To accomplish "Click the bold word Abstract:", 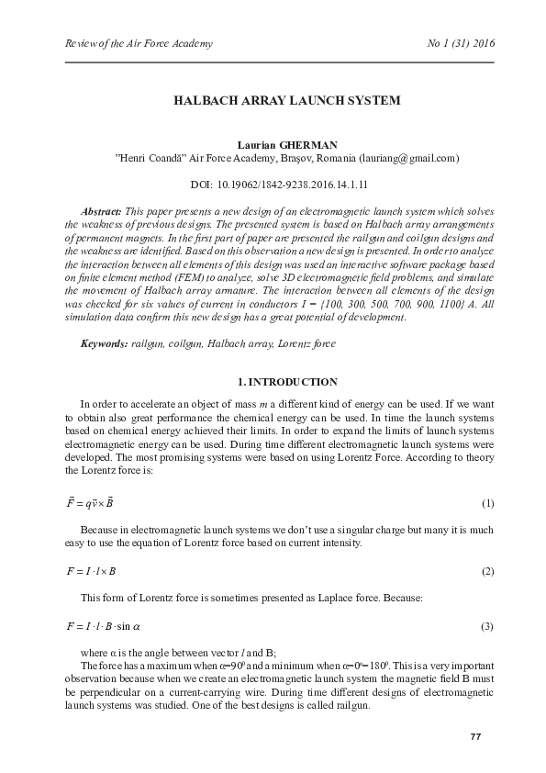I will [x=102, y=211].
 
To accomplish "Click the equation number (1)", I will [x=487, y=504].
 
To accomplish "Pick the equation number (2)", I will [x=487, y=571].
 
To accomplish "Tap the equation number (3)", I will [x=487, y=626].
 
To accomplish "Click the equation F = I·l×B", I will [x=91, y=571].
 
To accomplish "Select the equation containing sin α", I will [x=103, y=626].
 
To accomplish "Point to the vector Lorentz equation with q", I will [x=89, y=503].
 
